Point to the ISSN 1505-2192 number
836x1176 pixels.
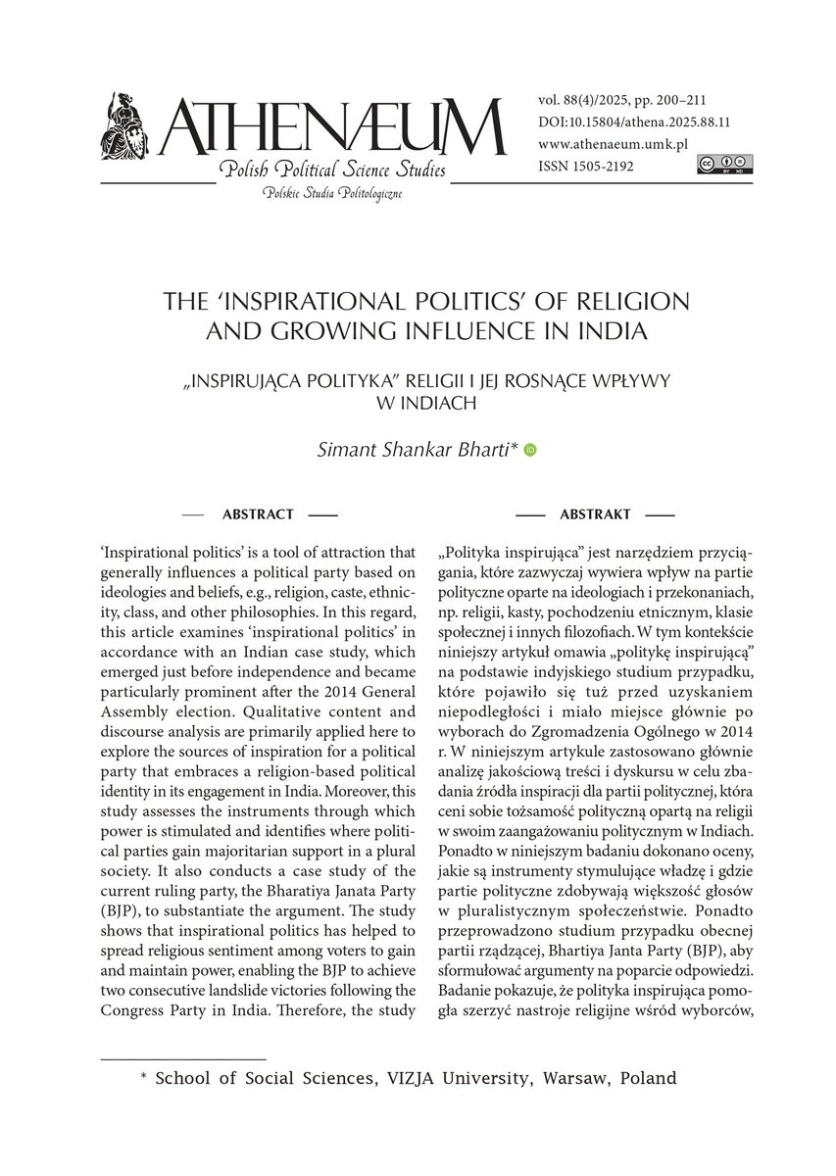click(586, 167)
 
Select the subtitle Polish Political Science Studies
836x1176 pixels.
click(333, 172)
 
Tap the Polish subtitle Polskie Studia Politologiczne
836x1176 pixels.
click(332, 194)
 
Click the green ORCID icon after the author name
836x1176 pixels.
click(531, 450)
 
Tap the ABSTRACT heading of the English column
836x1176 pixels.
click(258, 514)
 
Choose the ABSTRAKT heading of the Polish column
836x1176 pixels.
click(595, 514)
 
